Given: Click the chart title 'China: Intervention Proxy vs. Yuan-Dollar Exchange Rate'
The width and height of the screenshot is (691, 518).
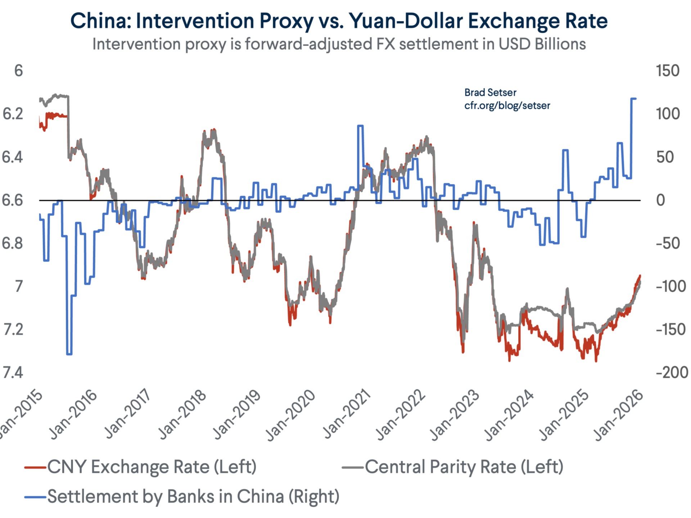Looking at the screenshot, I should [339, 21].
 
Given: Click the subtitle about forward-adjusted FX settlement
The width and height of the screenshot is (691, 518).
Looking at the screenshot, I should [339, 44].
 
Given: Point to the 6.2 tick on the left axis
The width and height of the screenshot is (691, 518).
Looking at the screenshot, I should [13, 114].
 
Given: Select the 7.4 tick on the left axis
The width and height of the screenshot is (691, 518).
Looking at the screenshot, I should [13, 373].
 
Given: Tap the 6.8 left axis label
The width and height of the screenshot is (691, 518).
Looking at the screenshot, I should [13, 244].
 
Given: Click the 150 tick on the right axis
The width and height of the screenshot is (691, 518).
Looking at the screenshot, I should [668, 71].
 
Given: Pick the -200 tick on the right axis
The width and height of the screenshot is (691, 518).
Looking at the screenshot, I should [672, 373].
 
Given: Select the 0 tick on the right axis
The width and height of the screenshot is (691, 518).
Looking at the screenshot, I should [660, 200].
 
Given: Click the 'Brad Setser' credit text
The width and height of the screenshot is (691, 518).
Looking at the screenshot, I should [490, 93].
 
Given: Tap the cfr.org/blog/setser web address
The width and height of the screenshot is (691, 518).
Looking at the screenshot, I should [507, 106].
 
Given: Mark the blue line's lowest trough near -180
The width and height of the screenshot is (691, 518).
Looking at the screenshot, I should [69, 354].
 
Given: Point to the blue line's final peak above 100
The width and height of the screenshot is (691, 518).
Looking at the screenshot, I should [633, 99].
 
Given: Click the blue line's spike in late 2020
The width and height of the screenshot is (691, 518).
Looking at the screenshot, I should [360, 126].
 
